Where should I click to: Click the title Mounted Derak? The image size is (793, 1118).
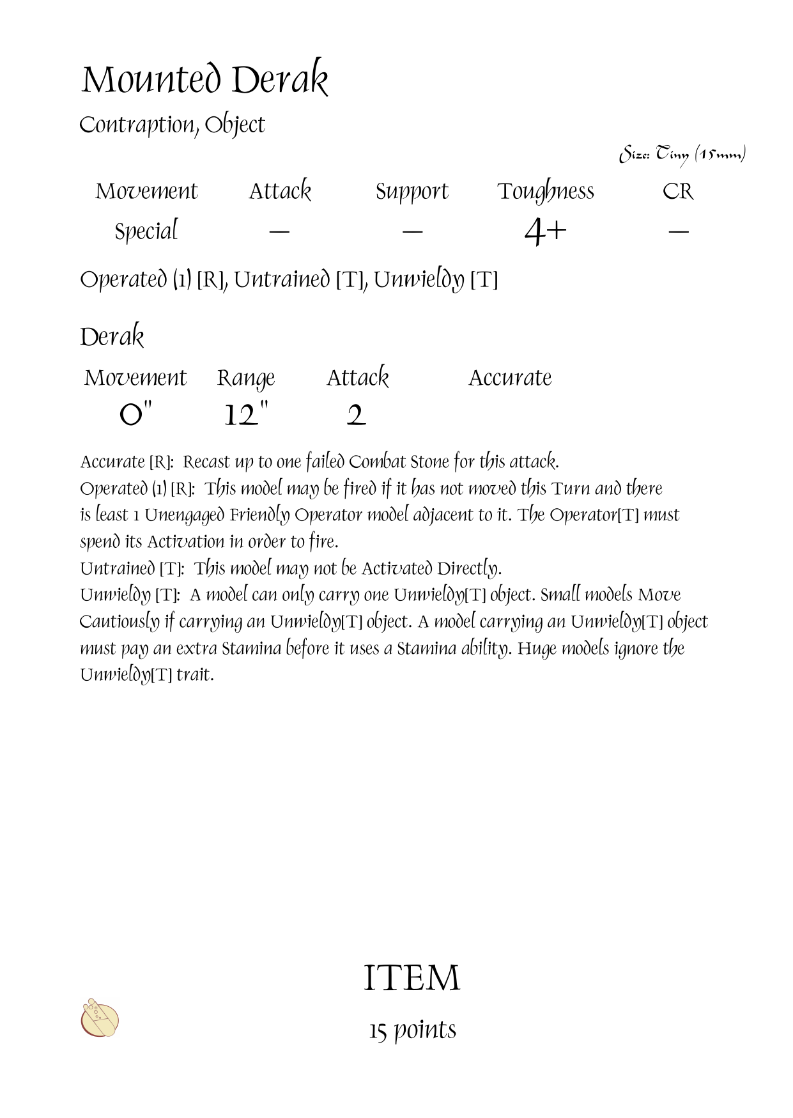[204, 81]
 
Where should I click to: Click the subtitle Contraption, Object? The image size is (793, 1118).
[172, 125]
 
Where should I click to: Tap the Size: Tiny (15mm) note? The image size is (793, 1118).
[682, 155]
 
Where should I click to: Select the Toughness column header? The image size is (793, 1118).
[546, 191]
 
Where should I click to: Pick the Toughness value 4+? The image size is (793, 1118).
[545, 231]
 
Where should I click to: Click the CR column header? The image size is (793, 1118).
[678, 191]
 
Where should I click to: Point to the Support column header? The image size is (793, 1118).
[412, 191]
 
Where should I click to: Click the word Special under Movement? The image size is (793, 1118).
[146, 231]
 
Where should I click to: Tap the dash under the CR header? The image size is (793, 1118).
[678, 231]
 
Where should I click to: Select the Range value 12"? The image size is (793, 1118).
[246, 415]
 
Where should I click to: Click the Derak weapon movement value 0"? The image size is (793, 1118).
[136, 415]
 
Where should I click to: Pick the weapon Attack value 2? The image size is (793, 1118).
[356, 415]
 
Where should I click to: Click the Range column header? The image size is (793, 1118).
[246, 378]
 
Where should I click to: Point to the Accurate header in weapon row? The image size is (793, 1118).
[510, 378]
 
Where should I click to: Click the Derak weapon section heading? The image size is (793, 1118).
[112, 337]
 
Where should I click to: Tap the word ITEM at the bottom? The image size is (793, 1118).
[412, 978]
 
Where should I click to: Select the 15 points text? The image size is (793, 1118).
[412, 1030]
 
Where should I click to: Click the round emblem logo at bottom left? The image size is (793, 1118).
[100, 1018]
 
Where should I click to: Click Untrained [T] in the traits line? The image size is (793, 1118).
[299, 280]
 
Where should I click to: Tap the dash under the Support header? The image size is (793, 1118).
[413, 231]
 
